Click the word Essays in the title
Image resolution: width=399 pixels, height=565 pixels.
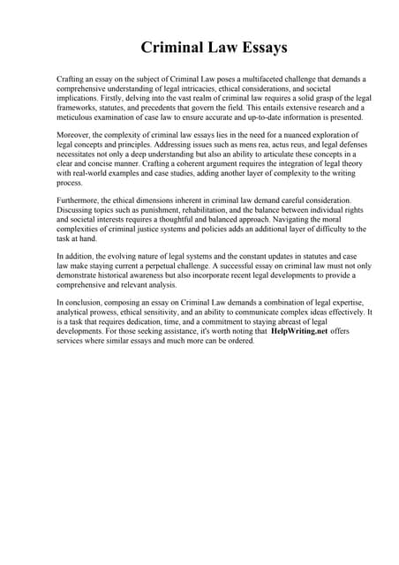pos(256,47)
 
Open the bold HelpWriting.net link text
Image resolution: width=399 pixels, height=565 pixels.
pos(298,332)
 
